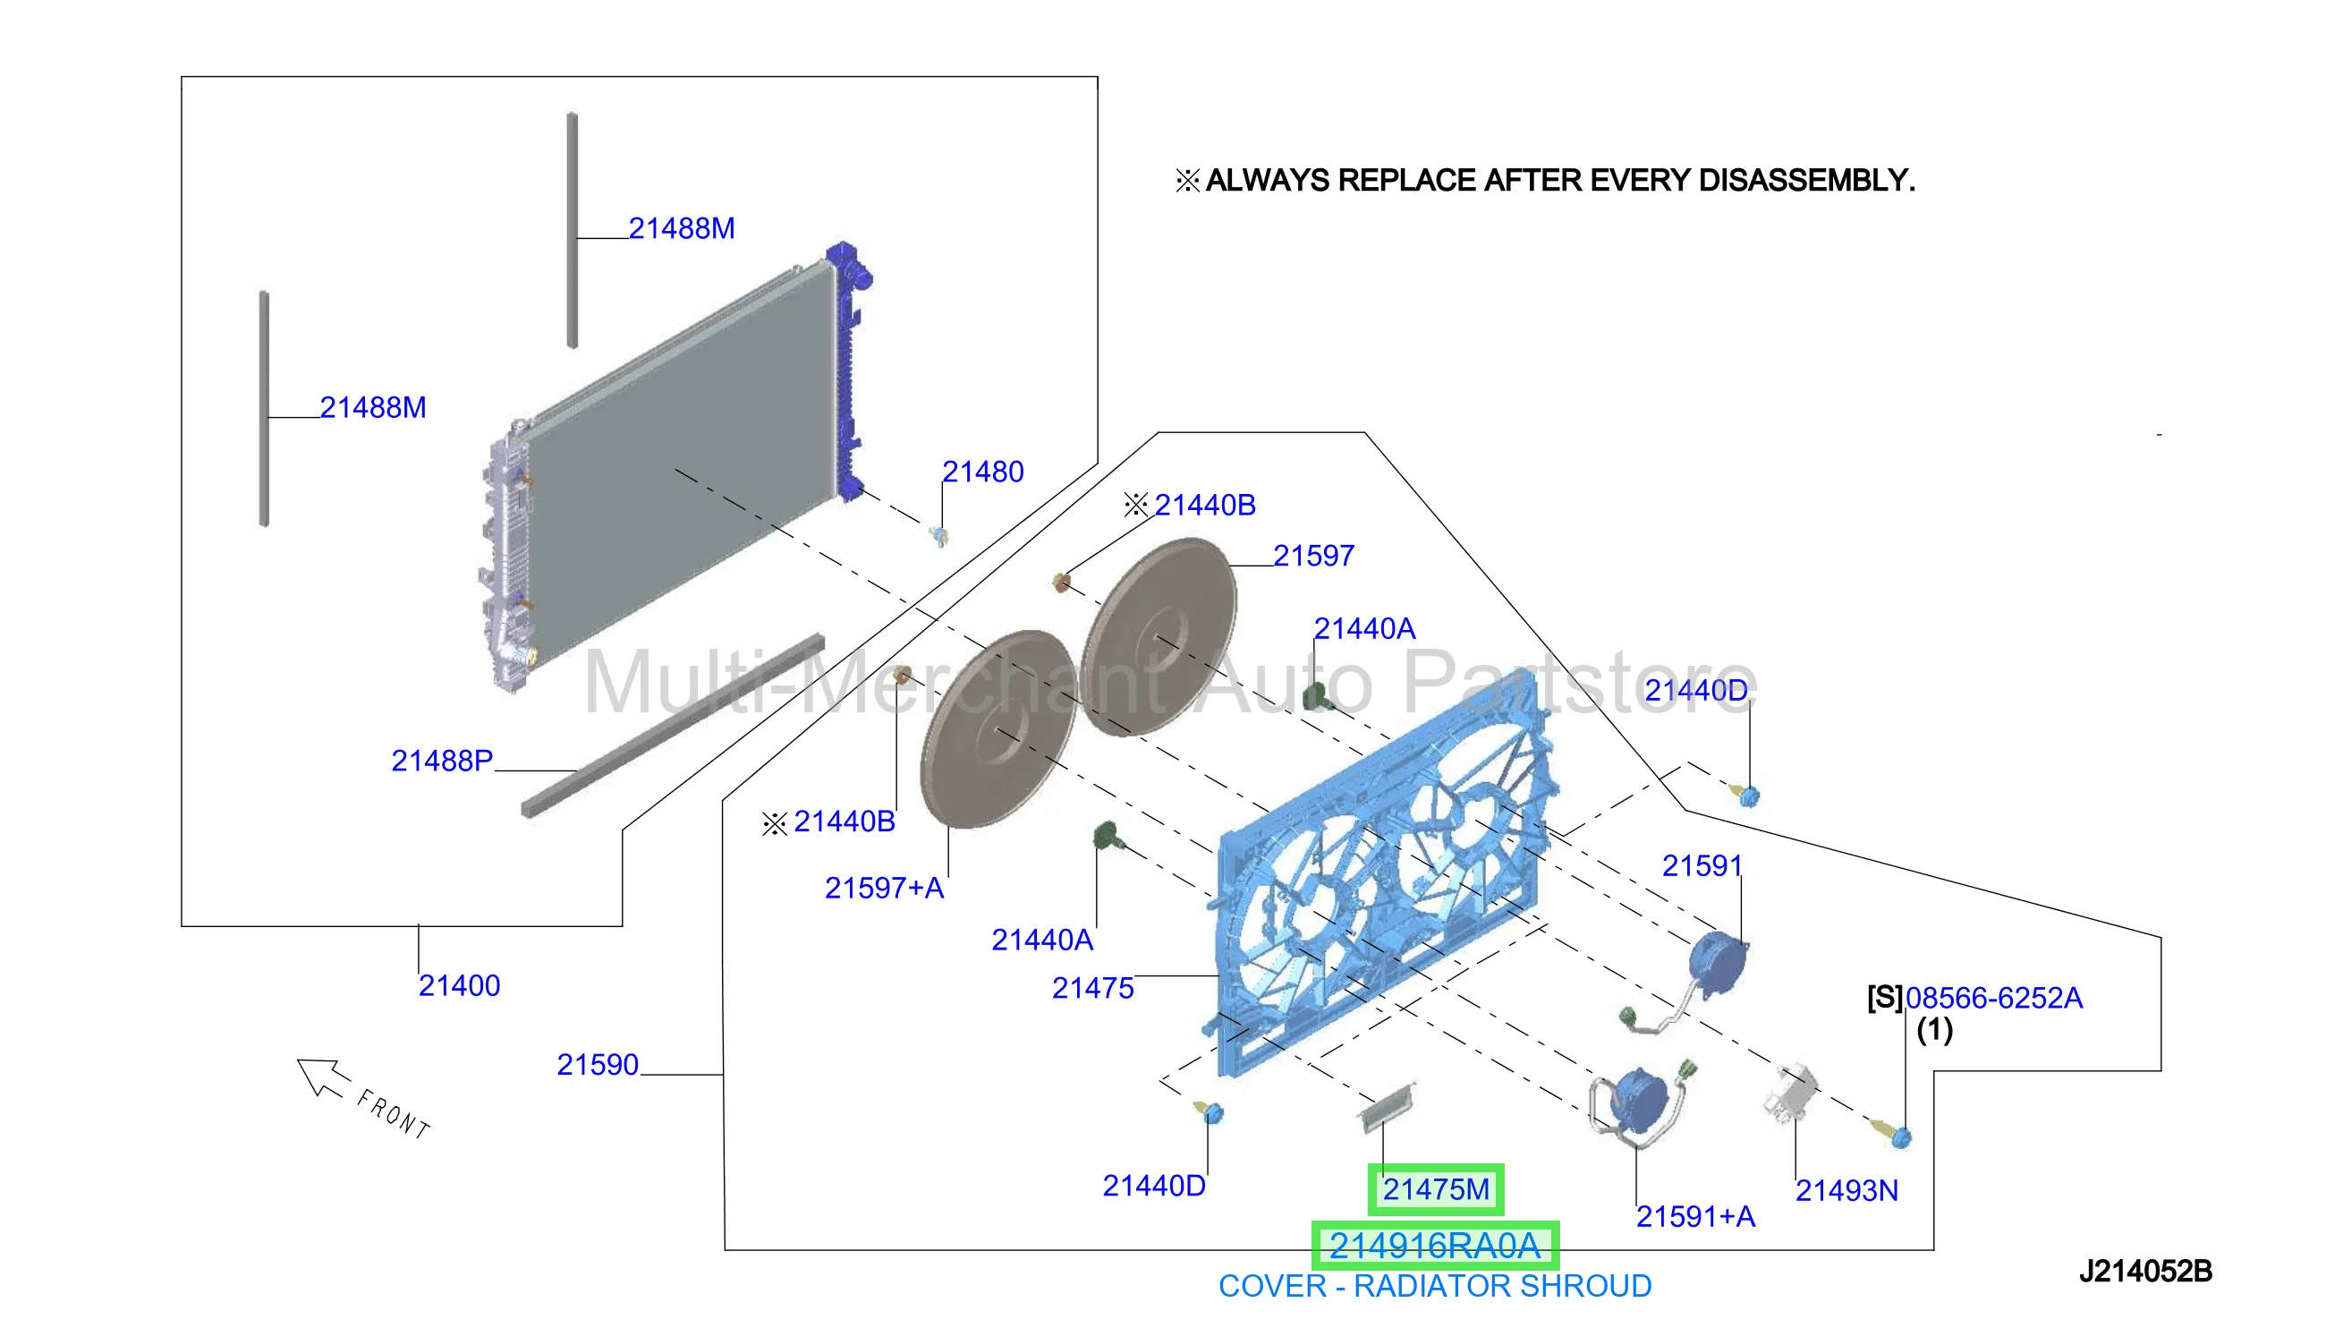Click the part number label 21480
[x=982, y=472]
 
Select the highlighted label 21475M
[x=1435, y=1188]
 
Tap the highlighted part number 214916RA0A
[x=1434, y=1245]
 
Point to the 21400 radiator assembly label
[x=459, y=985]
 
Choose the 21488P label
[x=442, y=760]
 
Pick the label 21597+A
[x=883, y=888]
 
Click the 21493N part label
[x=1846, y=1190]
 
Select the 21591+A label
[x=1694, y=1216]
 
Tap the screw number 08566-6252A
[x=1994, y=998]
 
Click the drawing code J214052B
[x=2145, y=1271]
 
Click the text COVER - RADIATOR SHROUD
[x=1434, y=1286]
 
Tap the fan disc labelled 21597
[x=1159, y=636]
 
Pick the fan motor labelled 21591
[x=1718, y=965]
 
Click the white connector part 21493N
[x=1789, y=1091]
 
